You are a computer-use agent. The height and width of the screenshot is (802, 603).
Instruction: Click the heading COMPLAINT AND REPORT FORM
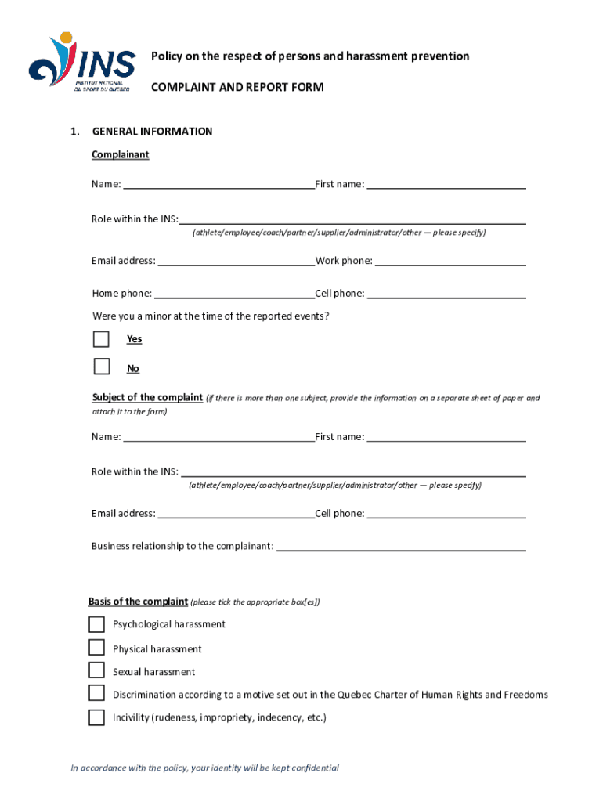click(237, 87)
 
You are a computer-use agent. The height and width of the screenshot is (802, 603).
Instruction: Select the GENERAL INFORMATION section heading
click(152, 132)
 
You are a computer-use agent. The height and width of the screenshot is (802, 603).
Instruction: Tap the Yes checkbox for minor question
click(101, 339)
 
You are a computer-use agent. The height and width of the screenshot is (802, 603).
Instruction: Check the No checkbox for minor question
click(101, 367)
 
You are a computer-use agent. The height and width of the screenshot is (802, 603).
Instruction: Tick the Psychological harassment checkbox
click(96, 624)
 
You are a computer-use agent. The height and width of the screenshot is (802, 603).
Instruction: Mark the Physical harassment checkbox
click(96, 648)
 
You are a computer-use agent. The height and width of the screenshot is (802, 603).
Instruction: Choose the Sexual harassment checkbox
click(96, 670)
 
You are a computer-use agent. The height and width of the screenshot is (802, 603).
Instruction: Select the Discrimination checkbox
click(96, 693)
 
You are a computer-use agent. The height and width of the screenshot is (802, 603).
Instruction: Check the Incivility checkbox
click(96, 717)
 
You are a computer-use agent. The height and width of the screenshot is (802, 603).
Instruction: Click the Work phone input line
click(450, 261)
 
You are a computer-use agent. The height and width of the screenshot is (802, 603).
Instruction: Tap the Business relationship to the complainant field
click(400, 546)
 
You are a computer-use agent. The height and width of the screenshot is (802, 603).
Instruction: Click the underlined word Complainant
click(120, 155)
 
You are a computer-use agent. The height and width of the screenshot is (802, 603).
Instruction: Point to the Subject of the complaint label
click(147, 398)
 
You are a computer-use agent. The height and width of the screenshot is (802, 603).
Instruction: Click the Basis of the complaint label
click(138, 601)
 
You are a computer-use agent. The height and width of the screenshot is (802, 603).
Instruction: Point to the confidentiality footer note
click(205, 768)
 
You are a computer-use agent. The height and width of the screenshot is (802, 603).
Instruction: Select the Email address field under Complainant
click(236, 261)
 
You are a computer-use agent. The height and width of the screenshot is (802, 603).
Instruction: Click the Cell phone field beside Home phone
click(446, 294)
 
